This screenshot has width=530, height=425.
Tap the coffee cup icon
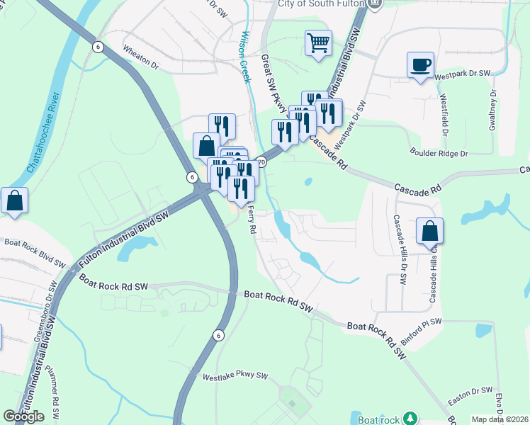(421, 64)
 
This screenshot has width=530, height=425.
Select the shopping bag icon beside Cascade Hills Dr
(430, 231)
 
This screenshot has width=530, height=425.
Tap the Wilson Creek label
(246, 57)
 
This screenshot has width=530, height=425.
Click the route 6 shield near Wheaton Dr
(98, 47)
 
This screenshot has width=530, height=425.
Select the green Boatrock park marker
(408, 418)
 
